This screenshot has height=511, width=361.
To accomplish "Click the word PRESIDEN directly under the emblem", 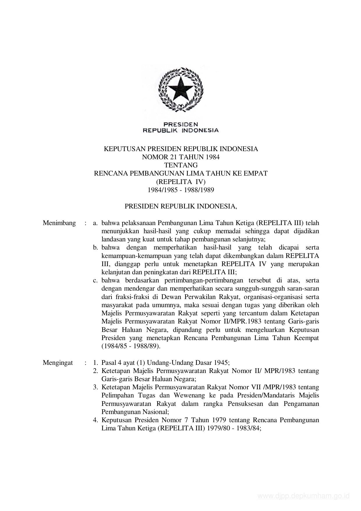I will [x=180, y=124].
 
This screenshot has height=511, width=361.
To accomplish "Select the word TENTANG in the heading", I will [x=181, y=165].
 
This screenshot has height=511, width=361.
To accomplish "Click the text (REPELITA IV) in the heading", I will [x=181, y=182].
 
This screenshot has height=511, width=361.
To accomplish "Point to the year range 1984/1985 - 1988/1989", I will [x=181, y=190].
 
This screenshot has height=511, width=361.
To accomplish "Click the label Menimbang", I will [x=59, y=223].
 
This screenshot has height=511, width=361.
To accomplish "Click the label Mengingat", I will [x=58, y=363].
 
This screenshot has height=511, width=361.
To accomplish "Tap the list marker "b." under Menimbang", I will [x=95, y=248].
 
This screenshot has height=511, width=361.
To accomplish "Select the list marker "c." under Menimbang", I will [x=95, y=281].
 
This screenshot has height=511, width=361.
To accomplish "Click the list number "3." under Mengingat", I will [x=95, y=388].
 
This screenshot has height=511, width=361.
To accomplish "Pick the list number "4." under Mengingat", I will [x=95, y=420].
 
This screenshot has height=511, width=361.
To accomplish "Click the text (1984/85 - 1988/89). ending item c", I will [x=131, y=346].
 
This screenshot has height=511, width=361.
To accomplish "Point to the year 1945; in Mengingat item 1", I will [x=222, y=363].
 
